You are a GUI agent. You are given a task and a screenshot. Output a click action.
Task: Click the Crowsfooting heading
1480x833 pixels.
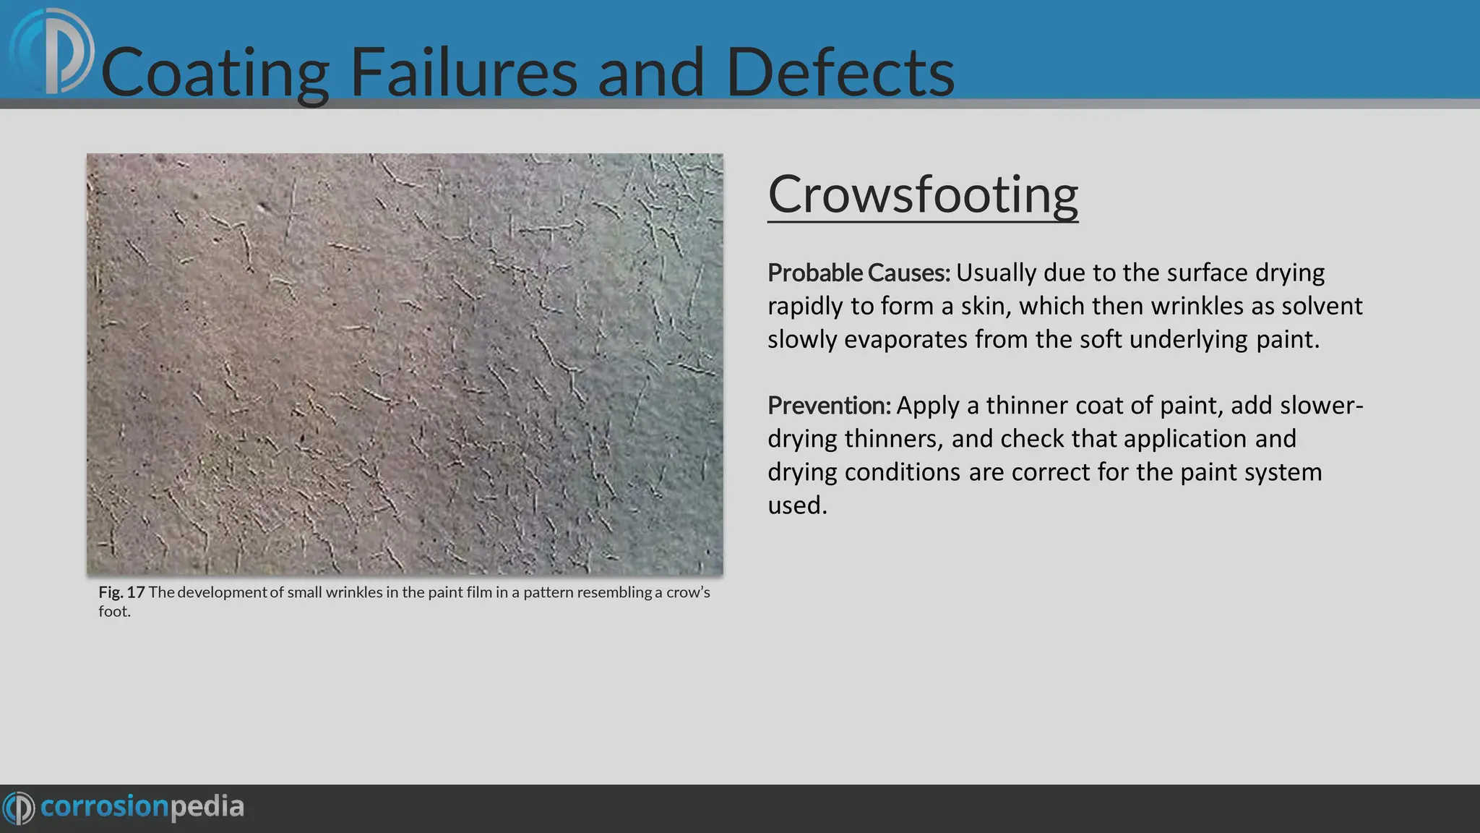922,195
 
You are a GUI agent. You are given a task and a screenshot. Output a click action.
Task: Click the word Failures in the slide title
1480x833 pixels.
463,72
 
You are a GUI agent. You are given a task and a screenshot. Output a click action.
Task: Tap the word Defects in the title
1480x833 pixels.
840,72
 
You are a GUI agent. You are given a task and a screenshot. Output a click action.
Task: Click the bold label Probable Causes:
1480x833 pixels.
859,273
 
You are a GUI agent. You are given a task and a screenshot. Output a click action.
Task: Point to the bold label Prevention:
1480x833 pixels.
829,406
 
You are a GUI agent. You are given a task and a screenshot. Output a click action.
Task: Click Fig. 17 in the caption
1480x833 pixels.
121,592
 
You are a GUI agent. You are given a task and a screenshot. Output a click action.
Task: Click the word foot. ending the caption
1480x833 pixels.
114,612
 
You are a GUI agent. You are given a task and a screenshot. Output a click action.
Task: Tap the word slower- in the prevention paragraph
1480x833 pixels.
1321,406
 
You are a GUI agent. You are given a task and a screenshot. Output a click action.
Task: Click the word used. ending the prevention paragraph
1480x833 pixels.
796,505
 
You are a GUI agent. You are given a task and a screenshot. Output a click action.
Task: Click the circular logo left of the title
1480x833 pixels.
52,52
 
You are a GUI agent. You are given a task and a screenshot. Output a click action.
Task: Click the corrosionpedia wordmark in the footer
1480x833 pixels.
142,807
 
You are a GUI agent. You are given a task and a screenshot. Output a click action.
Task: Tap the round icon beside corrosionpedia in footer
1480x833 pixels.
19,808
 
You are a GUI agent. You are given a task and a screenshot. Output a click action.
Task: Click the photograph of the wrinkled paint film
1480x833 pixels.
405,364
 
